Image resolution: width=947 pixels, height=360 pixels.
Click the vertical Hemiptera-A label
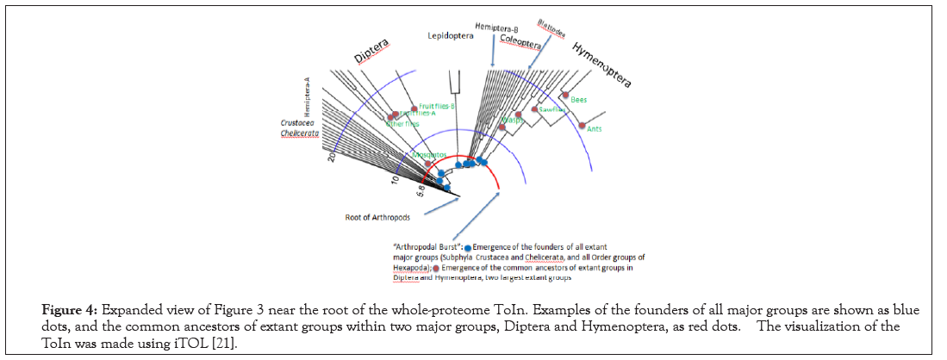(x=306, y=96)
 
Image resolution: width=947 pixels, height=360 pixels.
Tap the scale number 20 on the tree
(x=331, y=156)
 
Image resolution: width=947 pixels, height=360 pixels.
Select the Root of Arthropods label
(x=369, y=217)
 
